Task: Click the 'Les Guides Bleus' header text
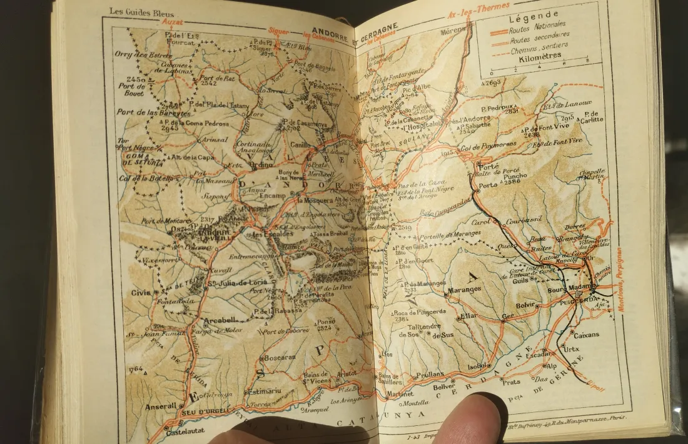point(141,12)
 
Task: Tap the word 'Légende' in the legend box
point(534,19)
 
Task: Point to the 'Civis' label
point(141,291)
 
